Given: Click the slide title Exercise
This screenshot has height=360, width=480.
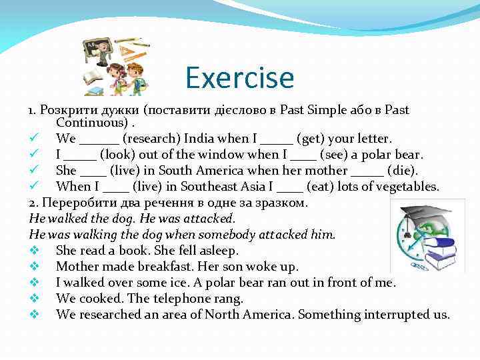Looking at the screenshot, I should (x=239, y=77).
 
